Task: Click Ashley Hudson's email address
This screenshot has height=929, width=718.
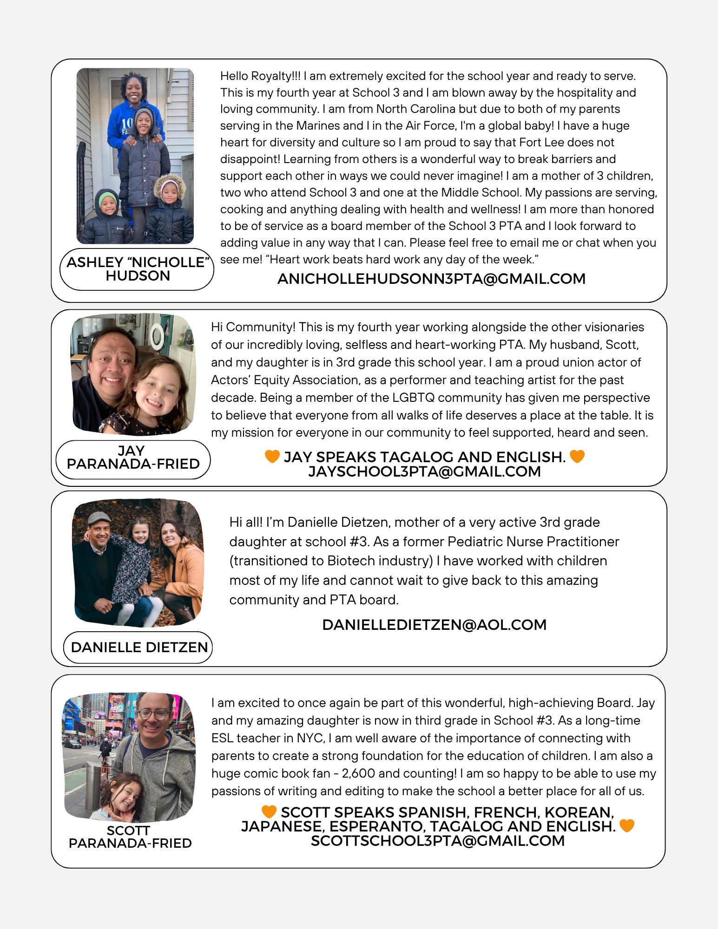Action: point(431,279)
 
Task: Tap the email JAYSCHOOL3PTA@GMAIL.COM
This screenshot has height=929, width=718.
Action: point(424,471)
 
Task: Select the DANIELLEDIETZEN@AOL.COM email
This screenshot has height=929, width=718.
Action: point(434,625)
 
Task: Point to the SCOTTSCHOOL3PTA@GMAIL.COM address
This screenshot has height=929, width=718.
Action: point(438,841)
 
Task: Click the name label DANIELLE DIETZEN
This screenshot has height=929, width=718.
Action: point(139,647)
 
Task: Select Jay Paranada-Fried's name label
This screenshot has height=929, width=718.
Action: point(133,458)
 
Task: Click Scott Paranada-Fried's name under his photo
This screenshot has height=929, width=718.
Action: point(130,837)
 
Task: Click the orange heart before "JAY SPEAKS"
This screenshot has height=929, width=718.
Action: point(272,457)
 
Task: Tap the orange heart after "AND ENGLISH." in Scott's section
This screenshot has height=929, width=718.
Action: point(627,826)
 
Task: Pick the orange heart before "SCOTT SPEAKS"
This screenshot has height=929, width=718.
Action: point(269,811)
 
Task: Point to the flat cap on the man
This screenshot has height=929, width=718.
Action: point(99,517)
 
